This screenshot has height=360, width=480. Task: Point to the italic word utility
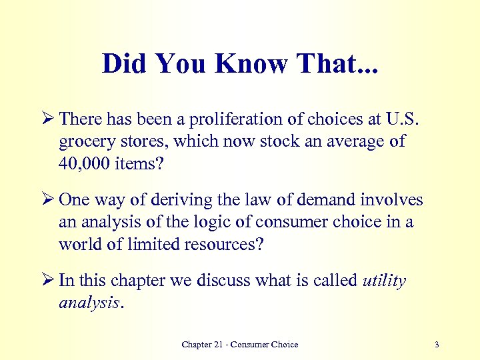384,281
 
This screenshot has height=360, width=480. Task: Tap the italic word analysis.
89,303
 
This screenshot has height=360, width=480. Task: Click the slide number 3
436,345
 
